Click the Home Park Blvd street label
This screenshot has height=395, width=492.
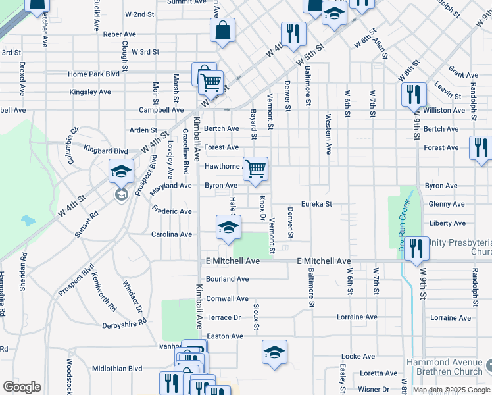(93, 74)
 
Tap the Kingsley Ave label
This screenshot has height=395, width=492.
(90, 92)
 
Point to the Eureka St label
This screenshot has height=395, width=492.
(317, 204)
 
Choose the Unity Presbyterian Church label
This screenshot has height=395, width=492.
(460, 248)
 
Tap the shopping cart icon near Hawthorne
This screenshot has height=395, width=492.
(255, 169)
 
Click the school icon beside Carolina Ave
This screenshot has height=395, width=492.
(228, 227)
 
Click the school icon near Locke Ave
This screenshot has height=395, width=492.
(274, 352)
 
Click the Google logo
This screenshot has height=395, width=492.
(22, 387)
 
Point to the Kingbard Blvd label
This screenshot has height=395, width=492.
(106, 151)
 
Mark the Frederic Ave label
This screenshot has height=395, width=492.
(172, 211)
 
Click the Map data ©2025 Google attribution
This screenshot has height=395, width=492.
(451, 390)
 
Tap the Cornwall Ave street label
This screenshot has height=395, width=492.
(227, 298)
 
